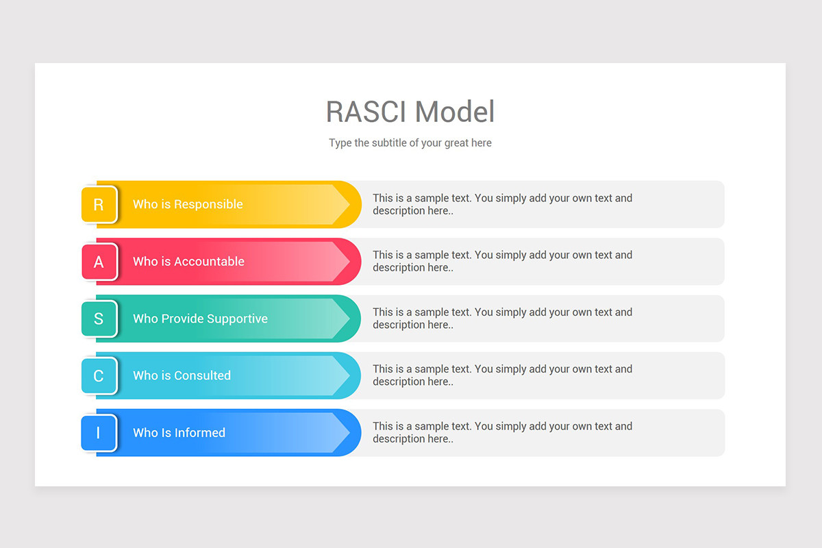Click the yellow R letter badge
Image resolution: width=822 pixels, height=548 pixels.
[99, 204]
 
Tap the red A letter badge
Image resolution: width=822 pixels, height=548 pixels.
[99, 262]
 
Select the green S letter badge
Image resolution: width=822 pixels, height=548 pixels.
[99, 319]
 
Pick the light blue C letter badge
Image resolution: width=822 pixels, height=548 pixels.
[99, 375]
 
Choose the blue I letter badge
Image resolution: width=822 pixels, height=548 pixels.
[99, 433]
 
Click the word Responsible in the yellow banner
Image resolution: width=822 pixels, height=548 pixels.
[208, 204]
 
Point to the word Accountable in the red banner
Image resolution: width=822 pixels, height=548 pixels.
[209, 262]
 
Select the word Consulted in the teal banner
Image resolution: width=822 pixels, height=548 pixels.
[202, 375]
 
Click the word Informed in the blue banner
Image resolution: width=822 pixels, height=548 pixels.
[199, 433]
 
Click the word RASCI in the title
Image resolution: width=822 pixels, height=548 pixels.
[367, 112]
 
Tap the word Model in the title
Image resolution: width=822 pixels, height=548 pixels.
[455, 112]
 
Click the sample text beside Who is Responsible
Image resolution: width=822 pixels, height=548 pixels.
[502, 204]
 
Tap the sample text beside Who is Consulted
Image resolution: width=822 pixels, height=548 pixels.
[502, 375]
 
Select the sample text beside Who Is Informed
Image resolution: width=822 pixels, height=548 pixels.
[502, 432]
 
